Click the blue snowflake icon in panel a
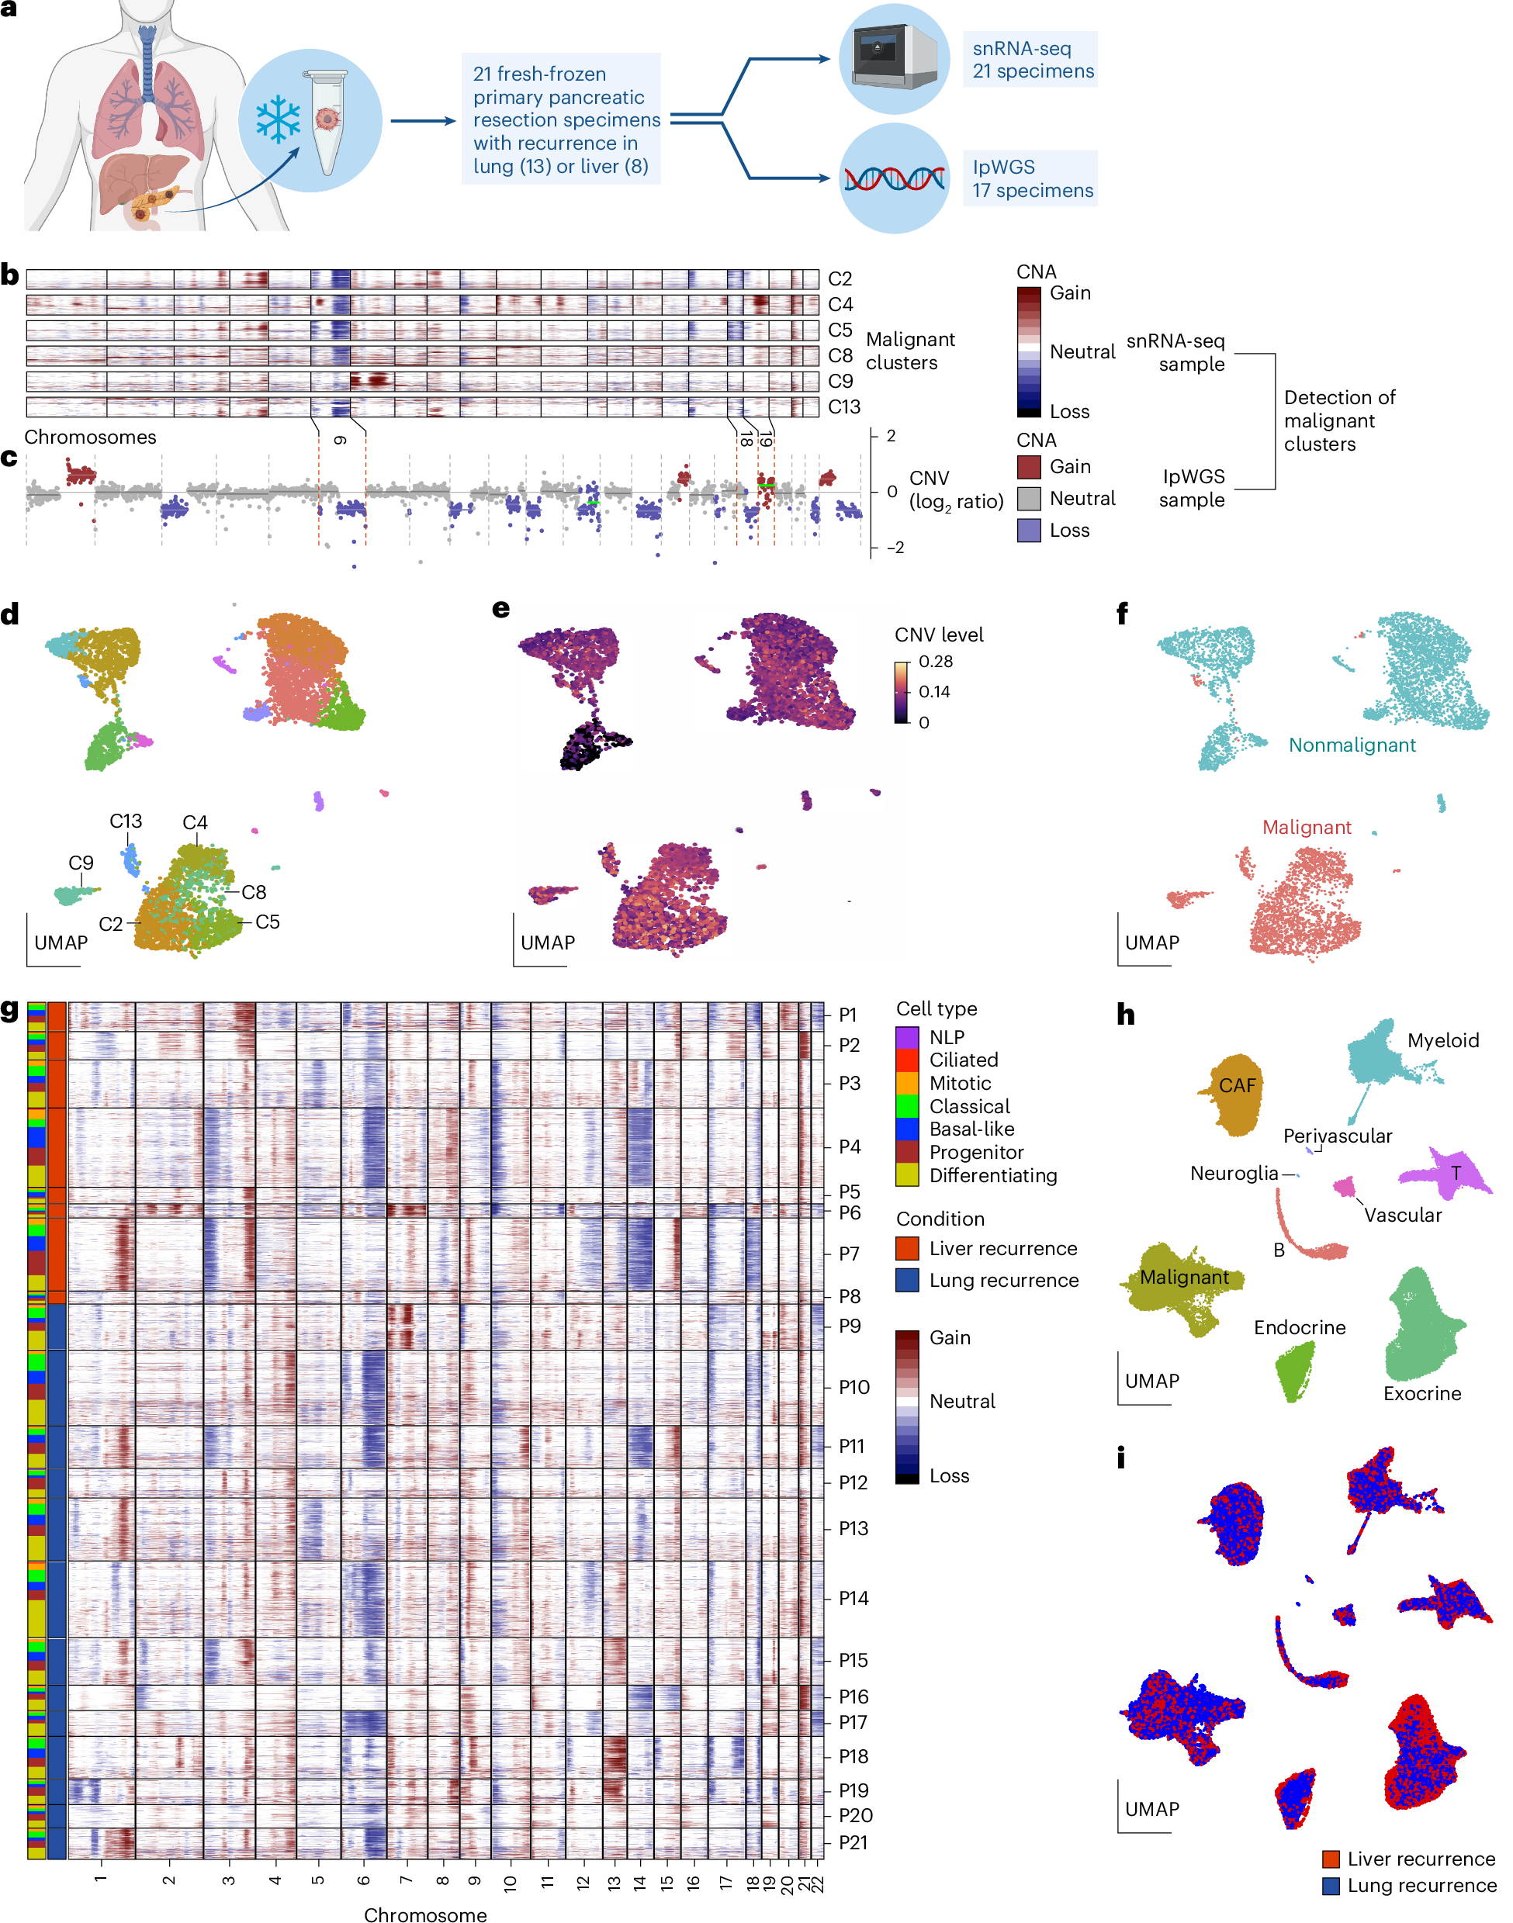[278, 119]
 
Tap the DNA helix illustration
[894, 179]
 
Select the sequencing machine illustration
[894, 58]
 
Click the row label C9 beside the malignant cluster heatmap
[840, 381]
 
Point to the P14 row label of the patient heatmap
[854, 1598]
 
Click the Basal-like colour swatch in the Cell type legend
[907, 1129]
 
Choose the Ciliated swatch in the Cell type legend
[907, 1060]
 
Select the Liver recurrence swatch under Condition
[907, 1248]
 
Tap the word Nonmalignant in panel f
[1352, 745]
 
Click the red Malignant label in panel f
[1307, 828]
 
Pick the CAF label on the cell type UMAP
[1238, 1085]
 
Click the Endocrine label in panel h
[1300, 1327]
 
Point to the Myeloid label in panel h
[1443, 1040]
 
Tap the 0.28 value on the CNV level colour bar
[936, 662]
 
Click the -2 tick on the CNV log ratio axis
[895, 548]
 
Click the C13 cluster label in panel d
[126, 821]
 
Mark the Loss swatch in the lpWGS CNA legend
[1028, 530]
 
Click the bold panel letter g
[10, 1011]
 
